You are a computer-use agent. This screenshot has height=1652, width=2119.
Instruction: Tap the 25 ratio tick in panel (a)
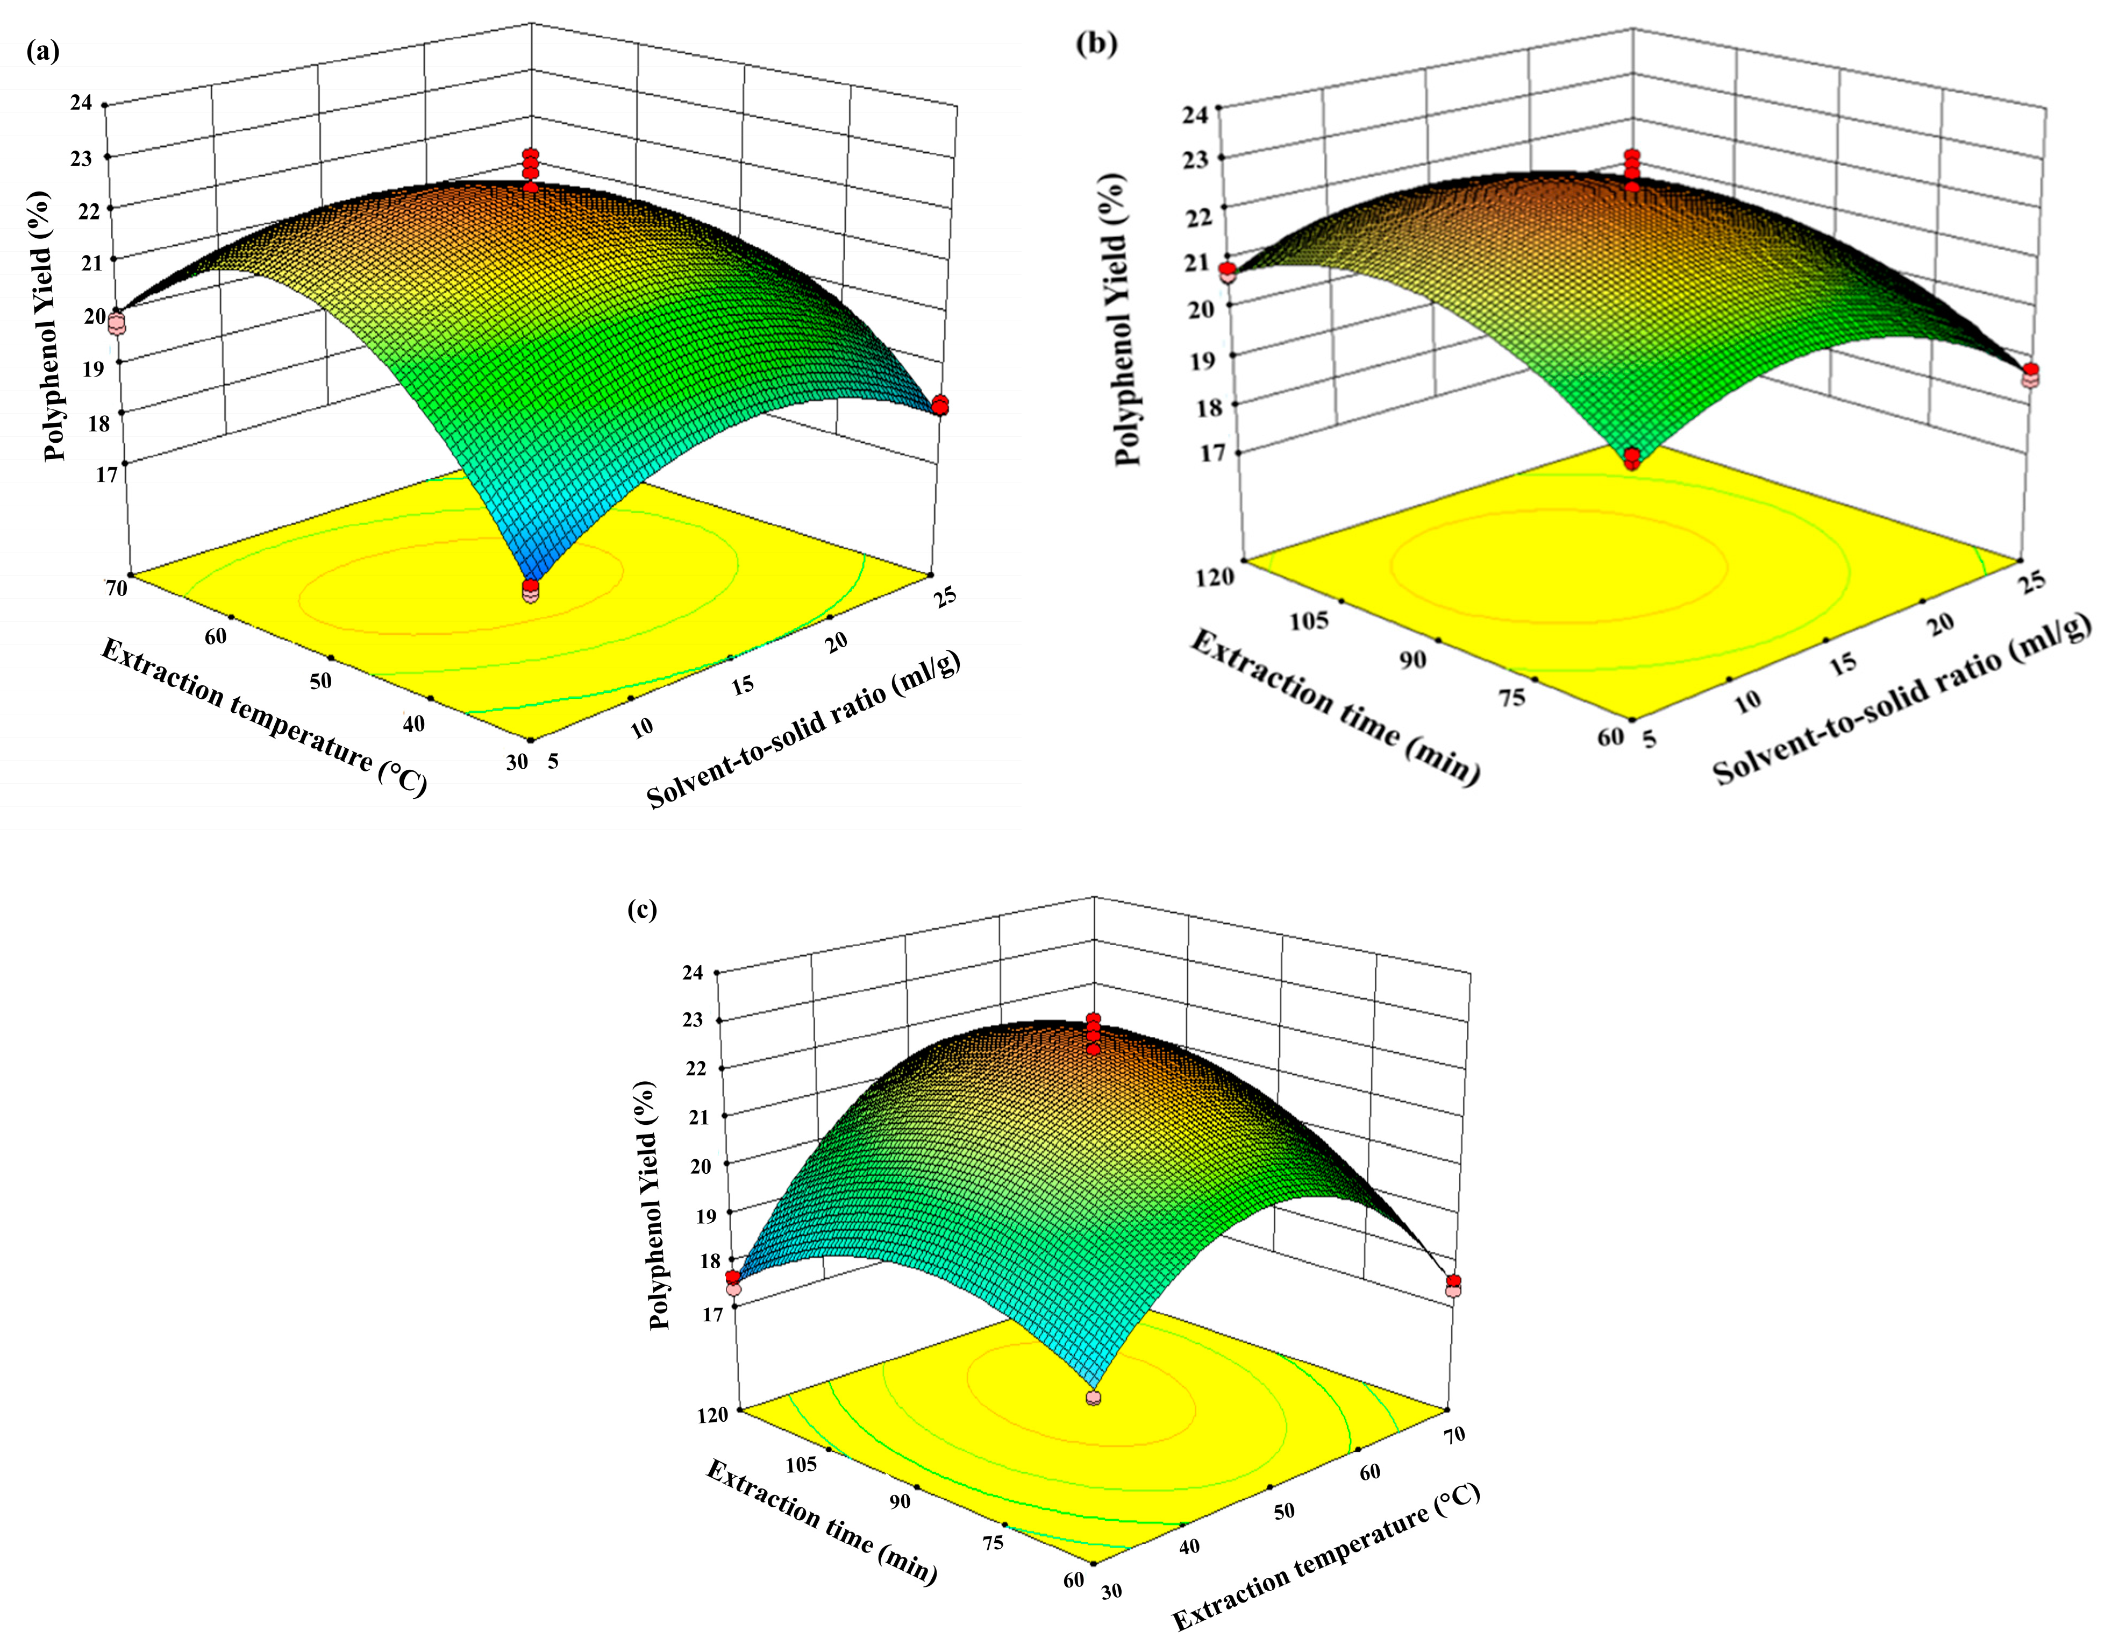[x=943, y=592]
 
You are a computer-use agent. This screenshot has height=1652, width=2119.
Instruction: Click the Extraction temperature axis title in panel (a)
[x=264, y=717]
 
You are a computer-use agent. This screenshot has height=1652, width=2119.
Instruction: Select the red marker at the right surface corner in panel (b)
[x=2031, y=371]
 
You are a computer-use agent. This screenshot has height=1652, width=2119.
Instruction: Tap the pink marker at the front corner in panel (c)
[x=1094, y=1398]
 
